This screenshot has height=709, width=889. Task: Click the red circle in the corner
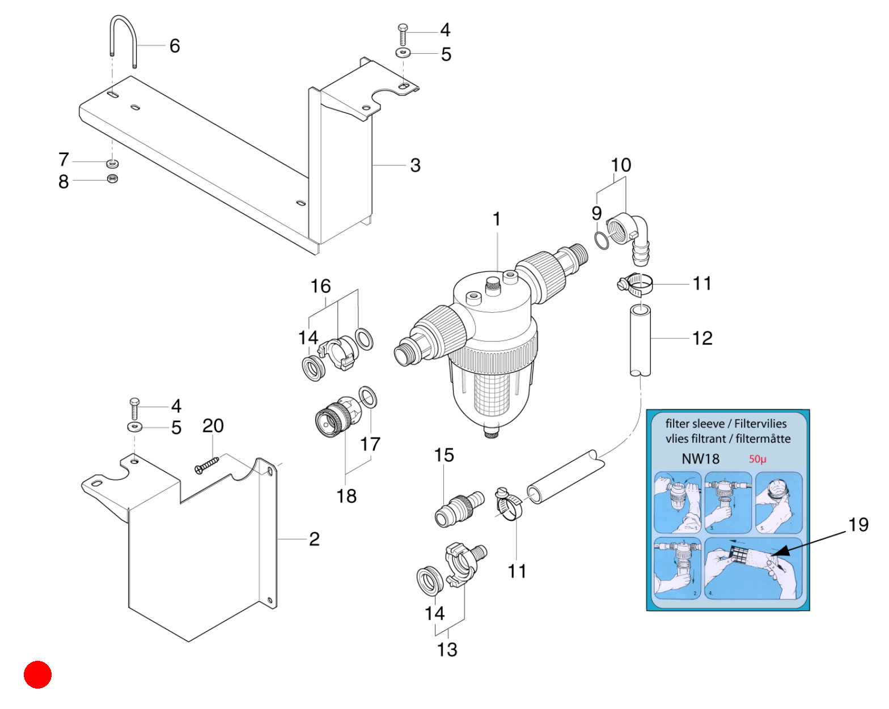click(37, 674)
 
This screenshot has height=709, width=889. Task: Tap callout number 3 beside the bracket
click(415, 165)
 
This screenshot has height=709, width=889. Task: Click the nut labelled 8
click(112, 179)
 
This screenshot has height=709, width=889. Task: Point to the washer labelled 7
click(112, 163)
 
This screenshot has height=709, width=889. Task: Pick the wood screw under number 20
click(206, 465)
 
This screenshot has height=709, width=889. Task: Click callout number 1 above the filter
click(497, 219)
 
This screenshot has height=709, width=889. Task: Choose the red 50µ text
click(757, 458)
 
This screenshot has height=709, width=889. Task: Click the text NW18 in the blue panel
click(700, 458)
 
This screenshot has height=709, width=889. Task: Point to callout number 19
click(858, 524)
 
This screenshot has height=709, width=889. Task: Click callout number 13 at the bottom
click(447, 649)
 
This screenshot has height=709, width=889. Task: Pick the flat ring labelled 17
click(367, 397)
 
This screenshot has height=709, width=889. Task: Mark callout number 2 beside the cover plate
click(314, 539)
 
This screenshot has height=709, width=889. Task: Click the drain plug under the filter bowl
click(491, 434)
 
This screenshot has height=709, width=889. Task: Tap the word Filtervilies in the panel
click(760, 424)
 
